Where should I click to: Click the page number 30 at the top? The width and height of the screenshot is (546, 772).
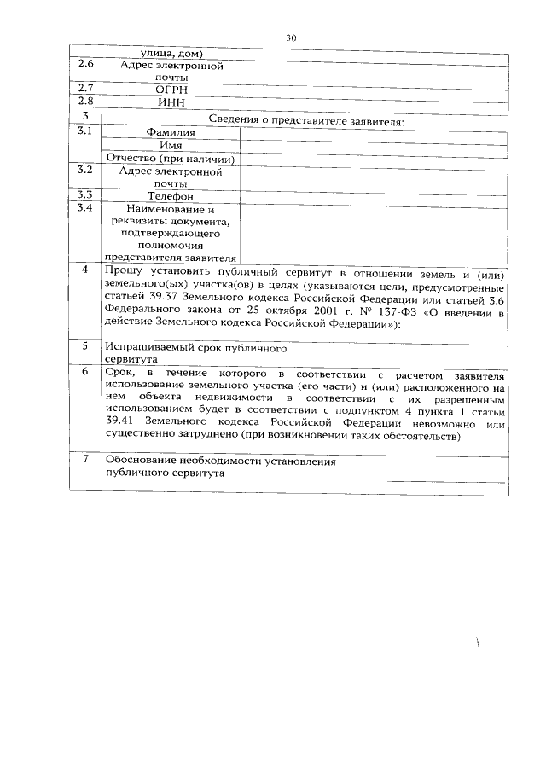click(x=290, y=38)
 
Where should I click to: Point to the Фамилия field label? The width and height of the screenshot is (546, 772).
click(x=171, y=133)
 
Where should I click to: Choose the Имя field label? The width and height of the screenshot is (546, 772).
click(x=171, y=146)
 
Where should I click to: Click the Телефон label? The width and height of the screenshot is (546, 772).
click(x=171, y=196)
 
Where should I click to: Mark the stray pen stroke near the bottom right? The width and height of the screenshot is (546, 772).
click(x=480, y=656)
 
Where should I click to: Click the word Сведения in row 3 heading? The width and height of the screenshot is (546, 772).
click(x=234, y=120)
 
